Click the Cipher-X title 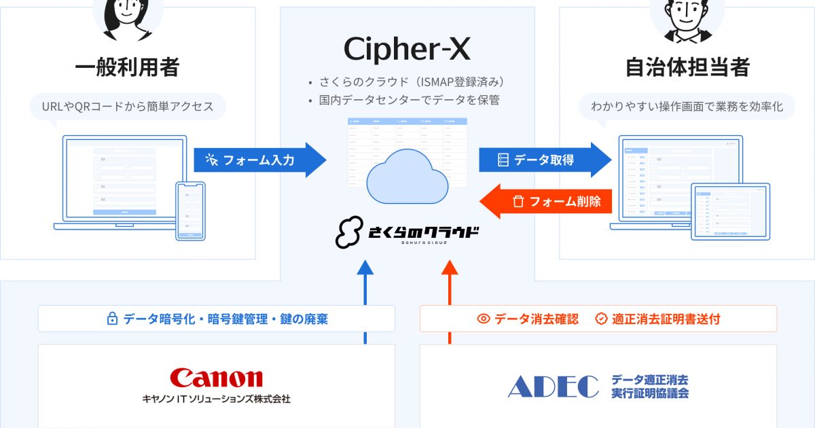407,49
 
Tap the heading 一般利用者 127,67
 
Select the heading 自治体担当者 687,67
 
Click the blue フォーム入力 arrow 258,160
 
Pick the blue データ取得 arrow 543,160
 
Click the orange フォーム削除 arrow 543,201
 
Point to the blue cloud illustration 407,175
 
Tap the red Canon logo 216,378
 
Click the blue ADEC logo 553,386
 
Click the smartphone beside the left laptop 190,211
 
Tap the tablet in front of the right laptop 730,211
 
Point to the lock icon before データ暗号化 112,319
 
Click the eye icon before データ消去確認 484,319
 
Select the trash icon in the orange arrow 518,202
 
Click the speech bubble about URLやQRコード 127,107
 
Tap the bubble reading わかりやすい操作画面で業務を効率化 687,107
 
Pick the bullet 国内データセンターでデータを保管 410,101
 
